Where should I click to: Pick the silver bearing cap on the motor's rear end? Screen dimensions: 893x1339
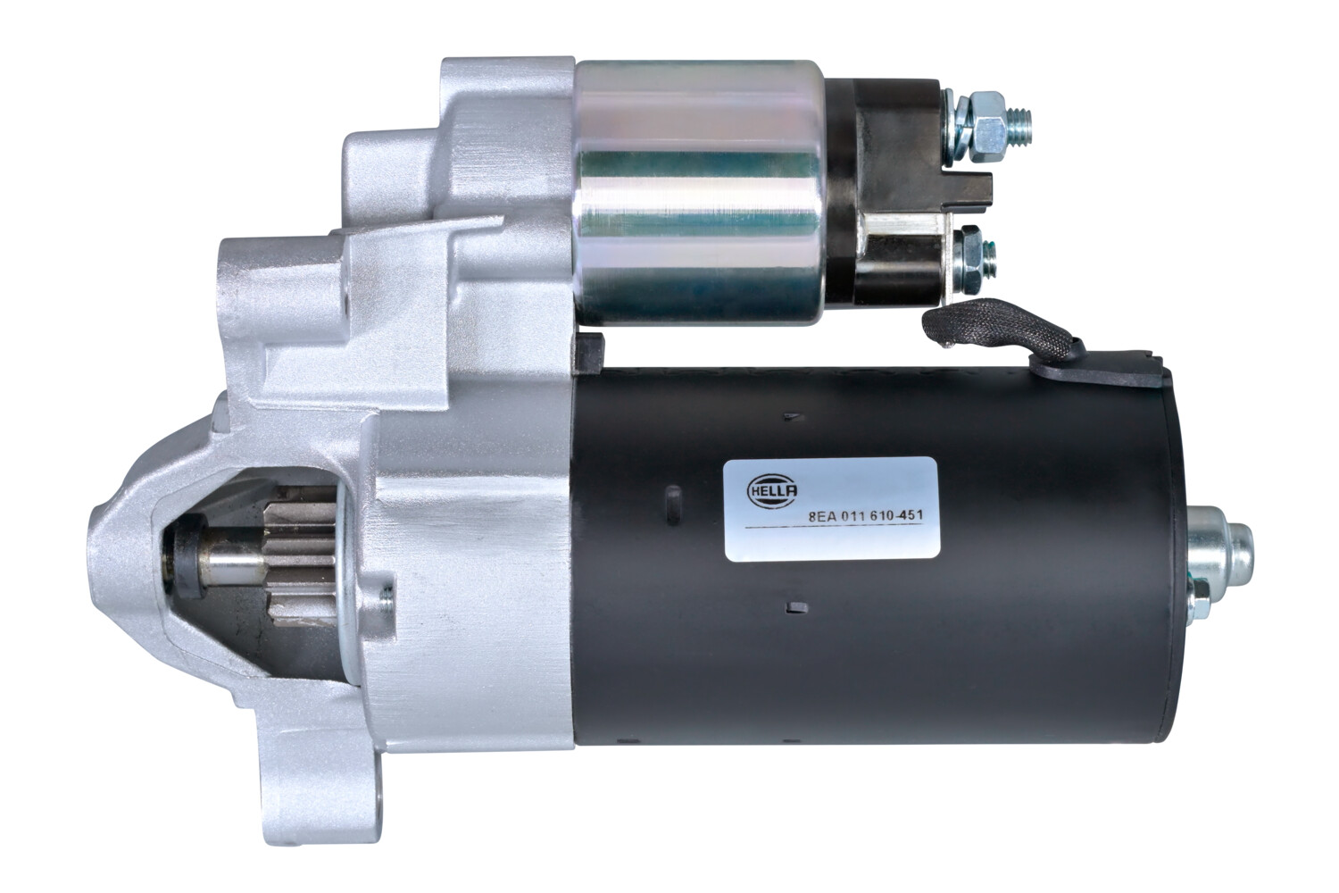tap(1223, 540)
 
